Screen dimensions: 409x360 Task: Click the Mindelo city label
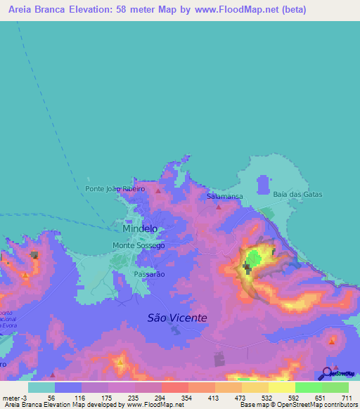point(140,229)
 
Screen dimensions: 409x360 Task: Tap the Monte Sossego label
point(139,245)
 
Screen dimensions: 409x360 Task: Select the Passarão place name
point(149,274)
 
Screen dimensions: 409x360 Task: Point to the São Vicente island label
point(177,318)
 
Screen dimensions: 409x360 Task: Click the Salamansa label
point(225,197)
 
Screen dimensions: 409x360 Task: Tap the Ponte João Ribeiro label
point(115,189)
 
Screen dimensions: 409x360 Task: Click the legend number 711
point(347,398)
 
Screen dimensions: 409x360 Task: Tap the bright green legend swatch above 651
point(308,387)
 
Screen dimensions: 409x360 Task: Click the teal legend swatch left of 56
point(41,387)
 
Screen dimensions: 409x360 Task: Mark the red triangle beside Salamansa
point(219,207)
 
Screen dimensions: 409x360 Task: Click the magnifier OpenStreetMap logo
point(328,374)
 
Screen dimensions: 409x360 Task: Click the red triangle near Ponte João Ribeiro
point(159,190)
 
